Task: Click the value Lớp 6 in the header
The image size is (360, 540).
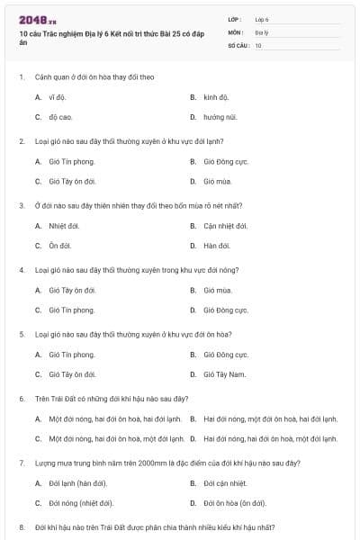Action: [262, 19]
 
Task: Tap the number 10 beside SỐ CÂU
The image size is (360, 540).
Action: [258, 44]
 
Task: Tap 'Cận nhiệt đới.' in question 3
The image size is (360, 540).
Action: [226, 225]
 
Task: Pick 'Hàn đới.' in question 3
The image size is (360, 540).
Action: [217, 245]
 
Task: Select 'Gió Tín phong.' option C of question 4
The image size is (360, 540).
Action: [72, 310]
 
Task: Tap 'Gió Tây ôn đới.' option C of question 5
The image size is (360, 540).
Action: [73, 373]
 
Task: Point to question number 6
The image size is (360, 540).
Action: [22, 398]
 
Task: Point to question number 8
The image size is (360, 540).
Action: [22, 526]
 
